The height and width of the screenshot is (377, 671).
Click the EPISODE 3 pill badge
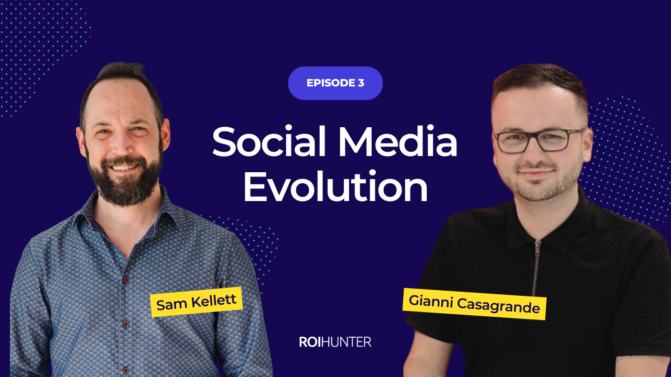click(x=335, y=83)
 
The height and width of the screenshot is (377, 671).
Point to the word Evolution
click(x=335, y=188)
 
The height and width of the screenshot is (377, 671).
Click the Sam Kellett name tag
click(x=197, y=302)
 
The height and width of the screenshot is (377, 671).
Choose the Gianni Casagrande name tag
click(x=474, y=304)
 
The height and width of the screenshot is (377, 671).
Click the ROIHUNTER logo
click(x=335, y=342)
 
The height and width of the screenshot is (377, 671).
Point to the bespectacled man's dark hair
click(x=535, y=84)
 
